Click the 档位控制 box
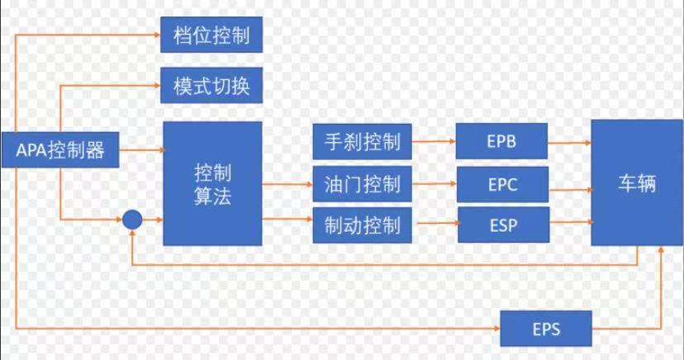point(211,36)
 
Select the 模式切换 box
point(211,85)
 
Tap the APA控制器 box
point(61,150)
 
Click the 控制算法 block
point(212,183)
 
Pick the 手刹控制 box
point(357,142)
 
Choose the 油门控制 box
point(357,183)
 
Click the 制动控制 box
point(357,225)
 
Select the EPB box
point(501,142)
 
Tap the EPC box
point(501,183)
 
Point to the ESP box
point(501,225)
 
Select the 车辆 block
point(637,182)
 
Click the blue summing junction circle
point(132,220)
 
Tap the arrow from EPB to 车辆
point(569,142)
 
